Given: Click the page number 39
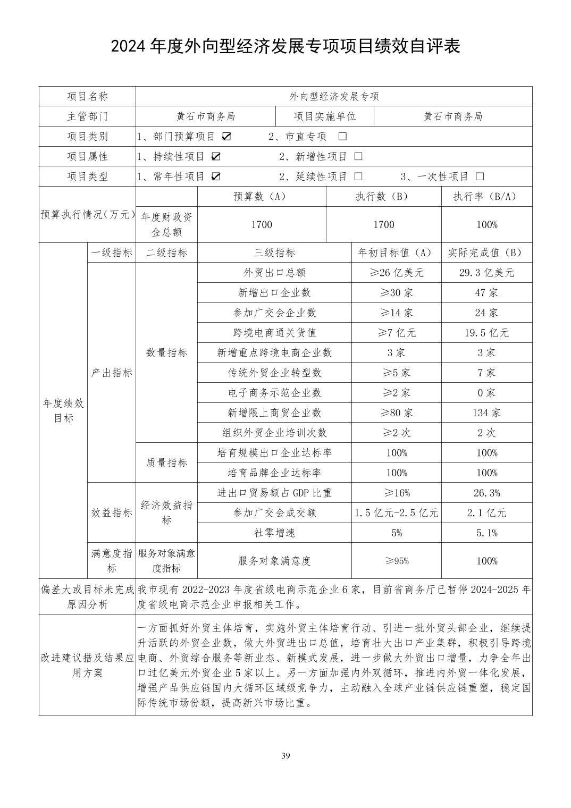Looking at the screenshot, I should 285,755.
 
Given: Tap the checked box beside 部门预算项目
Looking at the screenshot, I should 226,136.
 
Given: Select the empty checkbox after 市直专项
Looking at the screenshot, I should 342,136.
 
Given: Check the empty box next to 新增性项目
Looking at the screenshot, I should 358,156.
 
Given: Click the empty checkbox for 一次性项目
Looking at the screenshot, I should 480,176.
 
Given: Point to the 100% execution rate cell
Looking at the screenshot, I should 486,224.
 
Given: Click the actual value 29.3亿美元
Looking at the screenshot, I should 486,273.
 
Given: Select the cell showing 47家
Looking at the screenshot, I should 486,293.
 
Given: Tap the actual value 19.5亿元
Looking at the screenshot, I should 486,333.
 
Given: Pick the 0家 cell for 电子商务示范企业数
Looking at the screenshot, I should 486,393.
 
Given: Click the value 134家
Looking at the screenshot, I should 486,413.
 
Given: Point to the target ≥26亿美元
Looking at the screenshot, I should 397,273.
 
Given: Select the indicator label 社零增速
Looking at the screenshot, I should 274,533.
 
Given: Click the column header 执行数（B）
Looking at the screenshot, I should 383,196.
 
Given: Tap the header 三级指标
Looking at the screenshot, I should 274,252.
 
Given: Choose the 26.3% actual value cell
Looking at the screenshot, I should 486,493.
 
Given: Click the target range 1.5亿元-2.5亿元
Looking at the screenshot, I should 397,513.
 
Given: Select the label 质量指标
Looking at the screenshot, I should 166,462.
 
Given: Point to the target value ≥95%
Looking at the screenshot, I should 397,561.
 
